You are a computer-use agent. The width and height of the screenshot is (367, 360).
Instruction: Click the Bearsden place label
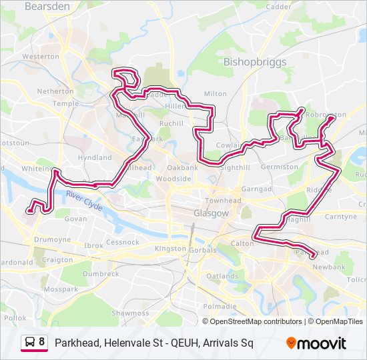(x=47, y=6)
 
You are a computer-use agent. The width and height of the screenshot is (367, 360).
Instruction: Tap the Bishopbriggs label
(x=255, y=62)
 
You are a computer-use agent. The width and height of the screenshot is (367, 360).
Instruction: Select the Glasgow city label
(x=211, y=213)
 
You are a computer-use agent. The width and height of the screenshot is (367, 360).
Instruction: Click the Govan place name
(x=76, y=219)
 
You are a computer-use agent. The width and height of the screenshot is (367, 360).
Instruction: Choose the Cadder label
(x=278, y=6)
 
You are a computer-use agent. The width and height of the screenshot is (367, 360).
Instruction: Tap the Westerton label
(x=41, y=57)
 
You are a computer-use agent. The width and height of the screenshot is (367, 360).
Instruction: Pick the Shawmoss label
(x=130, y=313)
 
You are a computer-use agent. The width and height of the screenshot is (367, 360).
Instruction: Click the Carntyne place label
(x=340, y=217)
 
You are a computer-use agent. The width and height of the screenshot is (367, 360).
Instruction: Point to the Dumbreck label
(x=101, y=273)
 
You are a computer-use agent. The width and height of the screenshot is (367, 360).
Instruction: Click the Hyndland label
(x=95, y=158)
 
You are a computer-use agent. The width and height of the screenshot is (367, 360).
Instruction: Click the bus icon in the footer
(x=30, y=343)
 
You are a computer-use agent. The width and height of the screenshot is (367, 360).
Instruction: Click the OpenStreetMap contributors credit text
(x=256, y=321)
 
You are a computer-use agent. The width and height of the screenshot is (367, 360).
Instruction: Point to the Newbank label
(x=330, y=267)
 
